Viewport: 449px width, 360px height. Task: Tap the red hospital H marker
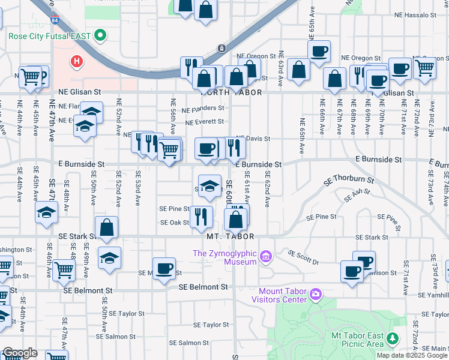77,61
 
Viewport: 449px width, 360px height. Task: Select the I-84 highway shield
55,21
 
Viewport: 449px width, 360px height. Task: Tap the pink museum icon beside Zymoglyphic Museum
267,257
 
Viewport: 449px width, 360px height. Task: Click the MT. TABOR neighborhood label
231,236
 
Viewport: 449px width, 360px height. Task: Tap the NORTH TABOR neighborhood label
224,92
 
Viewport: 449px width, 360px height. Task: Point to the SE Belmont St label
203,287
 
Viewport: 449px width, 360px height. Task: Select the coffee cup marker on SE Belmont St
164,268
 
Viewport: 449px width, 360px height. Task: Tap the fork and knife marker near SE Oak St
202,215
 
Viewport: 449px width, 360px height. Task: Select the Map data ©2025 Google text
412,355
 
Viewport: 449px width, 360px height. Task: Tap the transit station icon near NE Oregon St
221,47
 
